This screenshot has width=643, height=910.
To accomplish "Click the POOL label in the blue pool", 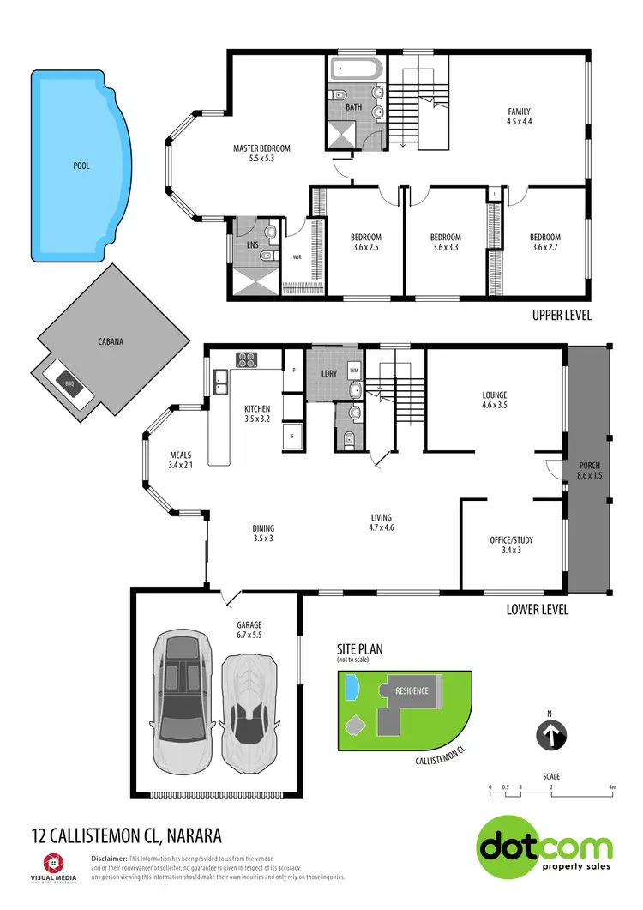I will point(81,166).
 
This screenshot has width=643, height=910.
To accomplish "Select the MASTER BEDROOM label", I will point(261,154).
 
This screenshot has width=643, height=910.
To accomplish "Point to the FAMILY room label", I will point(519,117).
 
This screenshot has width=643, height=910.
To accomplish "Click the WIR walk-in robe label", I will point(297,256).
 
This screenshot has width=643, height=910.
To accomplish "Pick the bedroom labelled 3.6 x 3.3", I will point(445,243).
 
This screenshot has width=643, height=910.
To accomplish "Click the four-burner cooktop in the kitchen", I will point(248,359).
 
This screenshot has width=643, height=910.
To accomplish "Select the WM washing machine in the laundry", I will point(354,370).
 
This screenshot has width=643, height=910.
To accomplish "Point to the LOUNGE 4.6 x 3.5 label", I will point(495,401).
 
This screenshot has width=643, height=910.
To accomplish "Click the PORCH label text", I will point(588,470).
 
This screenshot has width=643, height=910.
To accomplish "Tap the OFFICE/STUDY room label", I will point(511,545).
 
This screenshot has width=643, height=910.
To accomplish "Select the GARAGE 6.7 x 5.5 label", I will point(249,630).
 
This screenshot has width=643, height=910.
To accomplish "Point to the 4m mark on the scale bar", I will point(612,786).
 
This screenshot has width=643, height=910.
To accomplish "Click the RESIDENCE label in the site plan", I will point(412,690).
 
